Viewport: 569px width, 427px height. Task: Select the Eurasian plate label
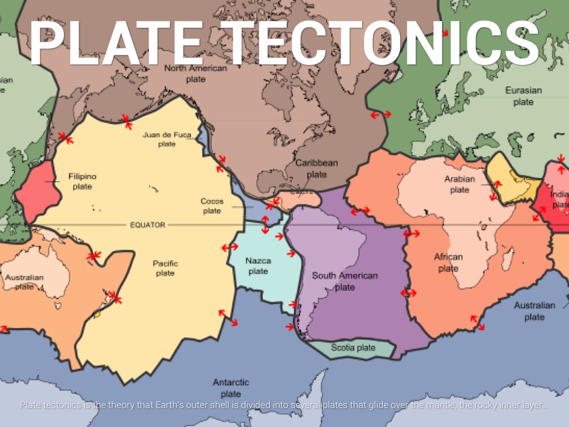point(523,96)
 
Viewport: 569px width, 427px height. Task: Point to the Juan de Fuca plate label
point(166,139)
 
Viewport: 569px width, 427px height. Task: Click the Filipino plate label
point(82,181)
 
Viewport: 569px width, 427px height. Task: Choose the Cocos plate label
point(212,206)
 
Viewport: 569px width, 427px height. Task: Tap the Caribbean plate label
point(316,168)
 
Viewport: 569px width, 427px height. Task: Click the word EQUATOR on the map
point(147,225)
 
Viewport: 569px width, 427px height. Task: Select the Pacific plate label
point(165,268)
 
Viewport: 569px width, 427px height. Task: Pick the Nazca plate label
point(258,266)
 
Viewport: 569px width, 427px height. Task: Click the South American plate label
point(344,281)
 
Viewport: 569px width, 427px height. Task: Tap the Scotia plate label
point(353,348)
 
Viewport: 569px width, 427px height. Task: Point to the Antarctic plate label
point(231,388)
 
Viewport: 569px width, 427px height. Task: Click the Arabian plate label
point(460,184)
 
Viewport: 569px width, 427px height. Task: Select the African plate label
point(448,262)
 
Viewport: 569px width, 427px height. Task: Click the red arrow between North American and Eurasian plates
point(381,115)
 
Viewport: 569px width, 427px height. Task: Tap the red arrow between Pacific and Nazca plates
point(229,247)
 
